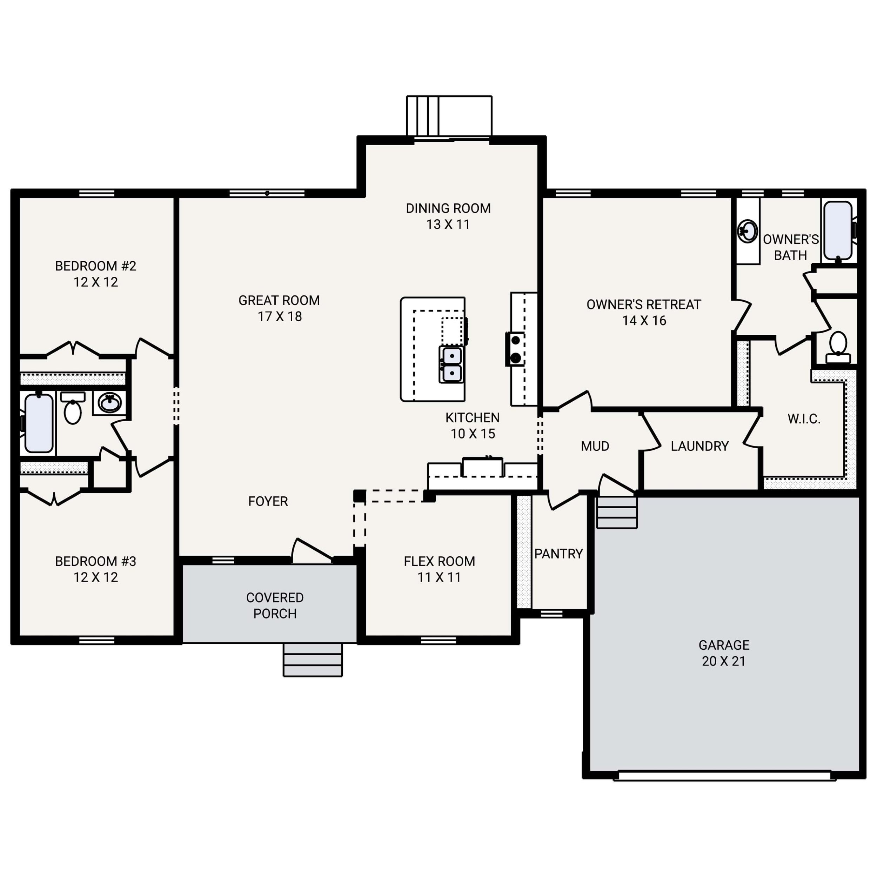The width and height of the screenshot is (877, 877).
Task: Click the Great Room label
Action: (x=279, y=301)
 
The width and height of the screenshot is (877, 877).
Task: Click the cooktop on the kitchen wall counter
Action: (x=515, y=349)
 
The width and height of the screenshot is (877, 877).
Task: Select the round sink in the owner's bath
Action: (x=747, y=231)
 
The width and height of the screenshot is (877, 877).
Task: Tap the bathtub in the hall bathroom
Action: (x=39, y=423)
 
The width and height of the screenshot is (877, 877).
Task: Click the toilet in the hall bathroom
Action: (x=73, y=409)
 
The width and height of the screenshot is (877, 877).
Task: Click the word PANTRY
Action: (x=558, y=554)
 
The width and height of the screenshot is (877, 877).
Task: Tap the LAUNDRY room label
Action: (x=699, y=446)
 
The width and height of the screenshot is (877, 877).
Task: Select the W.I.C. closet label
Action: (x=804, y=419)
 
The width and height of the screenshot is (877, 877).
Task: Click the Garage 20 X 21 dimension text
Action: (x=724, y=661)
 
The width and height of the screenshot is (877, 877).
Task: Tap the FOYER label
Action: (x=268, y=501)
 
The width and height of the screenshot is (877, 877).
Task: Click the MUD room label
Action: (x=595, y=446)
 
